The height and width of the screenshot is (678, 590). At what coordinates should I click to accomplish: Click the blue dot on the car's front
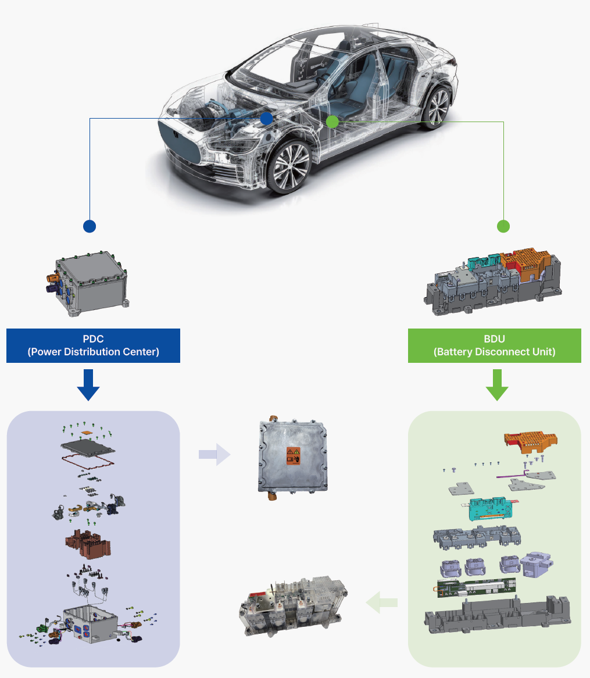coord(266,119)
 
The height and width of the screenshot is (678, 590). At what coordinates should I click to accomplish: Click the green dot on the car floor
coord(332,122)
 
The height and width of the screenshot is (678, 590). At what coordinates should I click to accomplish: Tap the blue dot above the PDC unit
coord(90,226)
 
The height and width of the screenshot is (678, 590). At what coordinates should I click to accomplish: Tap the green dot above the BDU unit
coord(503,226)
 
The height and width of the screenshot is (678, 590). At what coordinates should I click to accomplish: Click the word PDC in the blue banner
coord(93,339)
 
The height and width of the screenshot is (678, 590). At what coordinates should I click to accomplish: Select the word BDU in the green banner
coord(495,339)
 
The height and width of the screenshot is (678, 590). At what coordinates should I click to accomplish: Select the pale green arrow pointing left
coord(382,602)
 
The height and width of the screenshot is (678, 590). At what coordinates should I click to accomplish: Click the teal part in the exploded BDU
coord(489,509)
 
